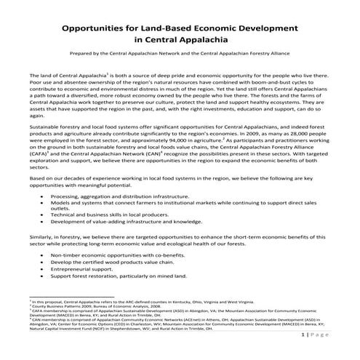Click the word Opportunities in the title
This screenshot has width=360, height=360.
pyautogui.click(x=98, y=30)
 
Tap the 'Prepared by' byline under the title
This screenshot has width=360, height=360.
pyautogui.click(x=180, y=61)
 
